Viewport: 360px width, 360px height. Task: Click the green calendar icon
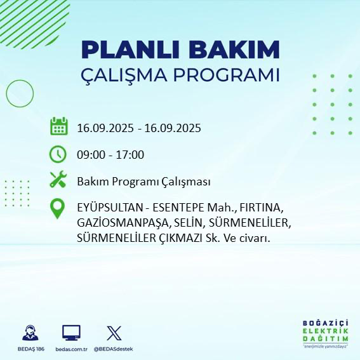click(58, 127)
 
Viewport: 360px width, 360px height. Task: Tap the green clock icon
click(58, 154)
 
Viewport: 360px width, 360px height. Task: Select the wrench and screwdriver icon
click(58, 181)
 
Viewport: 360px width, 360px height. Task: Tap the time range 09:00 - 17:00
click(110, 155)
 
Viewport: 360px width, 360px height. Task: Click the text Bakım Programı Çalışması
click(143, 182)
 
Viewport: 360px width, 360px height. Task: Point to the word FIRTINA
click(262, 209)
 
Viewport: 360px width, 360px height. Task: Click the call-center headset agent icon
click(29, 333)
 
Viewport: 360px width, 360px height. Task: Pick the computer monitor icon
click(71, 333)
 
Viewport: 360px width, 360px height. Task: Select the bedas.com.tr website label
click(71, 349)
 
